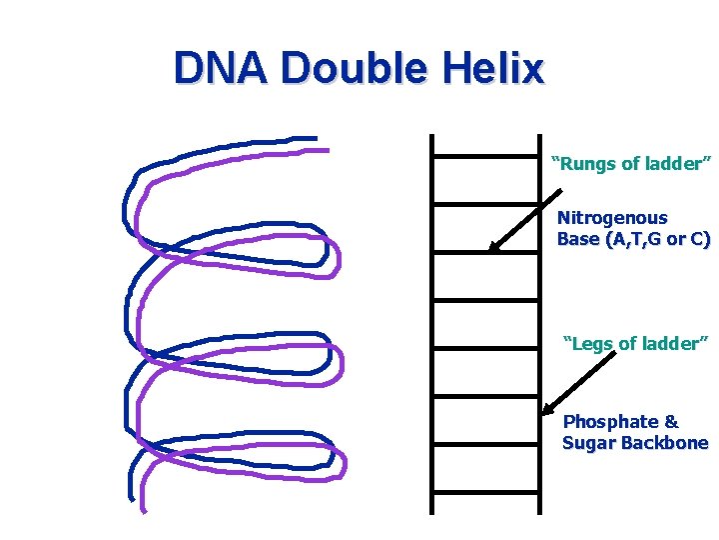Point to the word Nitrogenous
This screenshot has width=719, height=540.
(x=612, y=217)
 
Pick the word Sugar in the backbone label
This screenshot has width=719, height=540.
(x=587, y=443)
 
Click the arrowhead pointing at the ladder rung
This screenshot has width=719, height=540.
(x=494, y=247)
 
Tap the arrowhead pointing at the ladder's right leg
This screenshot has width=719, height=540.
(x=547, y=409)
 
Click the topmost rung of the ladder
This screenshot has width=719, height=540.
(x=484, y=157)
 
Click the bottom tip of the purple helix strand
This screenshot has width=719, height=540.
(x=144, y=509)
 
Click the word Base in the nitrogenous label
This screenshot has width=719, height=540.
(x=575, y=239)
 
